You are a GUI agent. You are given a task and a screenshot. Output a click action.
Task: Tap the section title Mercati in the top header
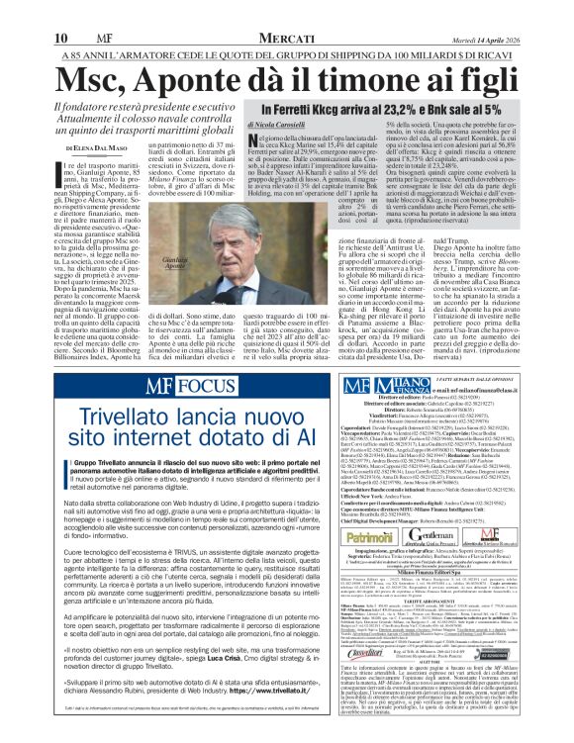tap(286, 11)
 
